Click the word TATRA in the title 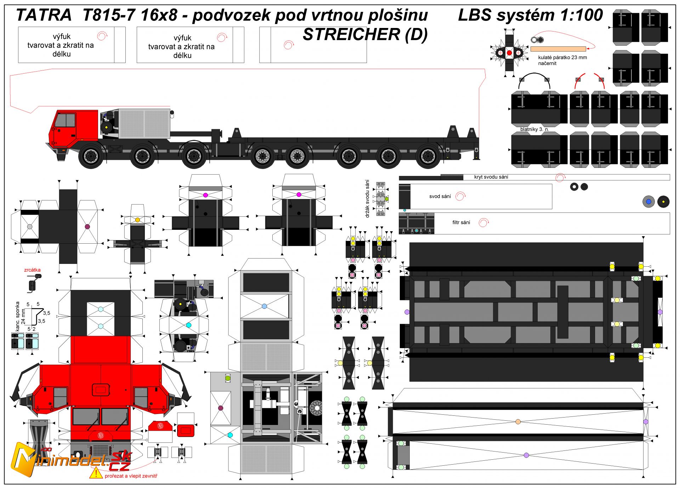[x=44, y=15]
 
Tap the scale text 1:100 [x=581, y=15]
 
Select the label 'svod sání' [x=440, y=197]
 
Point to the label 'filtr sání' [x=461, y=223]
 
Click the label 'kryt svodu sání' [x=491, y=177]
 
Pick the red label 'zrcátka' [x=32, y=270]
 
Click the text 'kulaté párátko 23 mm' [x=562, y=57]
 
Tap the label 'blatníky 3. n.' [x=534, y=129]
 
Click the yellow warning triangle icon [x=96, y=473]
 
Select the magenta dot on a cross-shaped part [x=205, y=195]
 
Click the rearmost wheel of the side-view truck [x=428, y=156]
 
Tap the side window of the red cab [x=66, y=120]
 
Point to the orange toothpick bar [x=558, y=49]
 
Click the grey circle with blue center [x=648, y=202]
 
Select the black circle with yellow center [x=663, y=202]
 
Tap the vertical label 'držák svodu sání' [x=368, y=198]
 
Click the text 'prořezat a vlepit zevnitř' [x=131, y=476]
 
